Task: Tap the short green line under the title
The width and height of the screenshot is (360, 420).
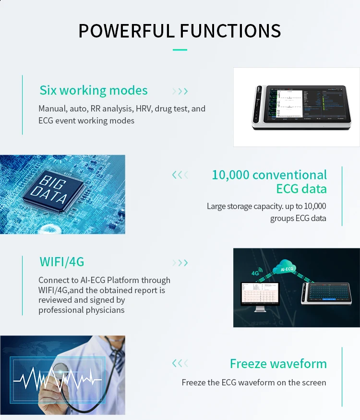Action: coord(180,49)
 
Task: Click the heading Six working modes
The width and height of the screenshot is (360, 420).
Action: coord(94,90)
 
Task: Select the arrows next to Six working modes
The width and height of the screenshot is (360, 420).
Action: coord(180,91)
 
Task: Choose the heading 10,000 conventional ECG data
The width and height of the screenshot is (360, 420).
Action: coord(269,181)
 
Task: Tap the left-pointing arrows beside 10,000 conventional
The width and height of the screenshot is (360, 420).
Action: coord(180,175)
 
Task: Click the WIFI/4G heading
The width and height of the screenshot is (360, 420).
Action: coord(62,262)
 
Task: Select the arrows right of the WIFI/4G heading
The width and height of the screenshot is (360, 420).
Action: coord(180,263)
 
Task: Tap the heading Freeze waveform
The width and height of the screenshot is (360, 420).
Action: coord(278,364)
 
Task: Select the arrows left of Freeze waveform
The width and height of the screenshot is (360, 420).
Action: coord(180,363)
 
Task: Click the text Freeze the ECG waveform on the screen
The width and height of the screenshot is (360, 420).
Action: coord(254,383)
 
